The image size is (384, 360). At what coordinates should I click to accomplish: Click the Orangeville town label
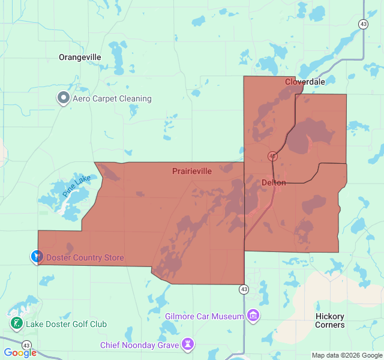[x=80, y=57]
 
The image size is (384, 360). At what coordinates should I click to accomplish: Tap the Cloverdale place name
[x=305, y=82]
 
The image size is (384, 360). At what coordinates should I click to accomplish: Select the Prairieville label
[x=192, y=171]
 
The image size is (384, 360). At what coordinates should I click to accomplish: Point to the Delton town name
[x=274, y=182]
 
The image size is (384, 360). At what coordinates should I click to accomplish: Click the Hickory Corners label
[x=330, y=320]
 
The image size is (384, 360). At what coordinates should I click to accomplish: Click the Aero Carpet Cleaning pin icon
[x=63, y=98]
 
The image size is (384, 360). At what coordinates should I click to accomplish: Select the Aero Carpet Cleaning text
[x=112, y=98]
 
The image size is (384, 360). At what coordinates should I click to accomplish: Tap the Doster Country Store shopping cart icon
[x=36, y=257]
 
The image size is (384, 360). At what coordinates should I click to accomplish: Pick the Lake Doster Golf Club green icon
[x=16, y=323]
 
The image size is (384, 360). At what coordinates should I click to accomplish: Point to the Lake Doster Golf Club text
[x=66, y=324]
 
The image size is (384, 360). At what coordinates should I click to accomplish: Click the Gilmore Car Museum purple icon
[x=253, y=316]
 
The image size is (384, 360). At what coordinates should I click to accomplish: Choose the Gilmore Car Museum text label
[x=204, y=316]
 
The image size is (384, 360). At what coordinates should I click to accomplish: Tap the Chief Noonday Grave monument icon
[x=189, y=344]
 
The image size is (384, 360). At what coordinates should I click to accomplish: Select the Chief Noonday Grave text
[x=139, y=345]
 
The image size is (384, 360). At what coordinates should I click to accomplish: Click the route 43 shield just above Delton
[x=272, y=156]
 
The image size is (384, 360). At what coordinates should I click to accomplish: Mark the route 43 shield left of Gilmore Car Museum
[x=244, y=289]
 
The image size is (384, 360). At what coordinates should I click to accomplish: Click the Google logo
[x=20, y=353]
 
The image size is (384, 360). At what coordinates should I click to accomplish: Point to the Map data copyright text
[x=346, y=355]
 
